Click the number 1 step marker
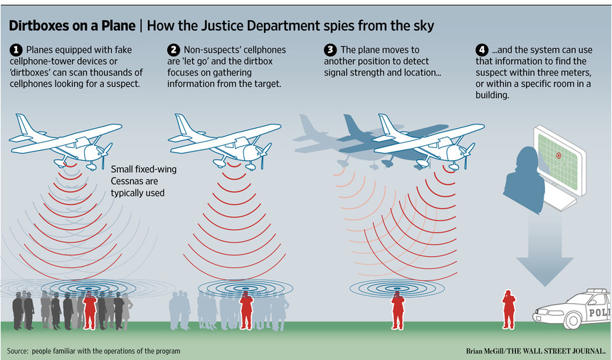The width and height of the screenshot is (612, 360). (x=16, y=50)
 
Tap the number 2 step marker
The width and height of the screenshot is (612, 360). (x=174, y=50)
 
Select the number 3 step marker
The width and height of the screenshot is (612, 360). (x=330, y=50)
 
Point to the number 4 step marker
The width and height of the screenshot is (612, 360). (x=482, y=50)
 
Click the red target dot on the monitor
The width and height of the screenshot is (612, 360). (x=559, y=155)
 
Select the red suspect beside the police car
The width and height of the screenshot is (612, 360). (x=509, y=309)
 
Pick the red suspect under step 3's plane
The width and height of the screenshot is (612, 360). (x=397, y=309)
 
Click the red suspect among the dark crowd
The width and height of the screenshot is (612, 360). (x=90, y=309)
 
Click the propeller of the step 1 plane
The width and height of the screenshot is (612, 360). (x=105, y=154)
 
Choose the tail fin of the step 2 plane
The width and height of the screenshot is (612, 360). (x=182, y=124)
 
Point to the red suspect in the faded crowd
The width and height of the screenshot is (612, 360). (x=246, y=309)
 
